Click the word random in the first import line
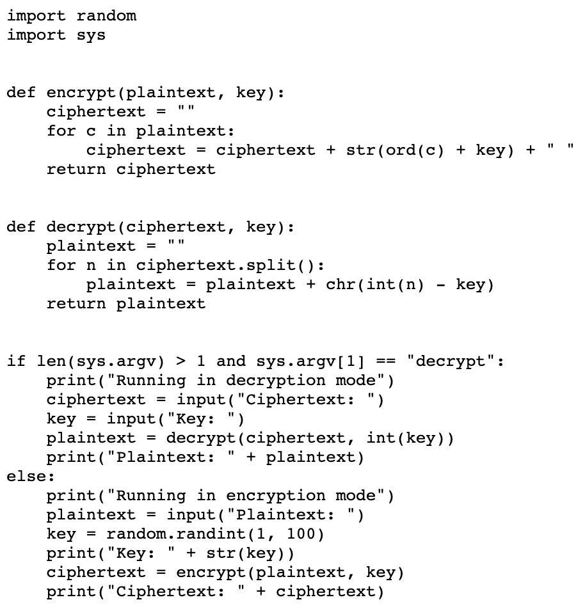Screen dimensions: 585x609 [x=106, y=16]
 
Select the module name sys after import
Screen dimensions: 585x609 [x=92, y=36]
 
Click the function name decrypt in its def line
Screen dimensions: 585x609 [x=81, y=228]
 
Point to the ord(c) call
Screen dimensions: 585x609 [x=415, y=150]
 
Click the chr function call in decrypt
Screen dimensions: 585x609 [x=341, y=285]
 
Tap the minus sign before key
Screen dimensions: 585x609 [x=440, y=285]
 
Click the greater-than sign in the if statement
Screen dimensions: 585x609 [x=180, y=361]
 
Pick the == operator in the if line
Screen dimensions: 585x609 [x=386, y=361]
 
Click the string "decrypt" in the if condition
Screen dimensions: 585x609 [x=451, y=361]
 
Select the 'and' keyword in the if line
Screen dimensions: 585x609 [x=231, y=361]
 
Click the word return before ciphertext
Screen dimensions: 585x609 [x=76, y=170]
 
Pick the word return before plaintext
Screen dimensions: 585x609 [x=76, y=304]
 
